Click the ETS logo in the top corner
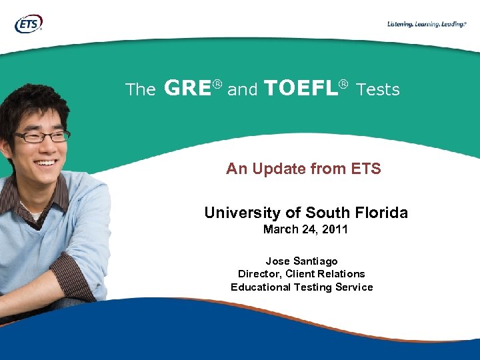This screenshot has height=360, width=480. click(x=28, y=24)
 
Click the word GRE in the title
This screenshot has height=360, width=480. click(x=187, y=88)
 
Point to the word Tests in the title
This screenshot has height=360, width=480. click(x=378, y=89)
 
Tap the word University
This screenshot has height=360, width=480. click(x=243, y=213)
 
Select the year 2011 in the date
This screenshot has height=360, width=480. click(x=335, y=230)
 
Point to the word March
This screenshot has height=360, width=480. click(x=280, y=230)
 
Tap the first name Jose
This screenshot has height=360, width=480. click(x=278, y=261)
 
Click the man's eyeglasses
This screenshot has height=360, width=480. click(x=41, y=137)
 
